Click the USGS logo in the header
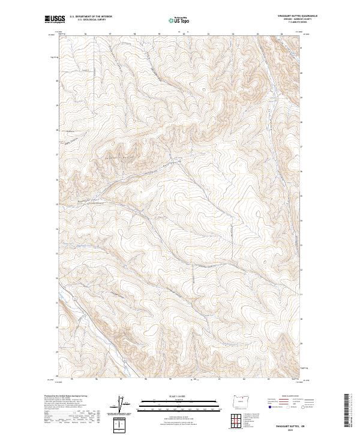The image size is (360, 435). (x=55, y=20)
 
